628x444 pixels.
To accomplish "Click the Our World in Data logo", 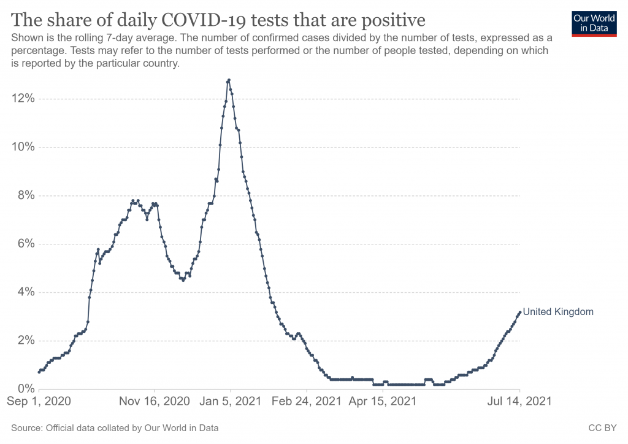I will point(594,23).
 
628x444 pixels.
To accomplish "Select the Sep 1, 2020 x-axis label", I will point(39,402).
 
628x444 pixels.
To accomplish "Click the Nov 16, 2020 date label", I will point(154,402).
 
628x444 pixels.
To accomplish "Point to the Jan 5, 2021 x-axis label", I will point(230,402).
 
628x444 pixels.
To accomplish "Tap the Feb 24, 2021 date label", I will point(306,402).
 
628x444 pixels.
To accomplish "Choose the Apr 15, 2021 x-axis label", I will point(382,402).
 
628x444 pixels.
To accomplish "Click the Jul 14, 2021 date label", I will point(520,402).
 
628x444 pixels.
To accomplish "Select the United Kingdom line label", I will point(558,312).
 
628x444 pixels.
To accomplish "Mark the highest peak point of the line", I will point(229,80).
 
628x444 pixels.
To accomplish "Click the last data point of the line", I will point(520,312).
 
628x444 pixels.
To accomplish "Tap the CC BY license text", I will point(606,427).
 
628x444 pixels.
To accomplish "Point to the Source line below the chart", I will point(115,427).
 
